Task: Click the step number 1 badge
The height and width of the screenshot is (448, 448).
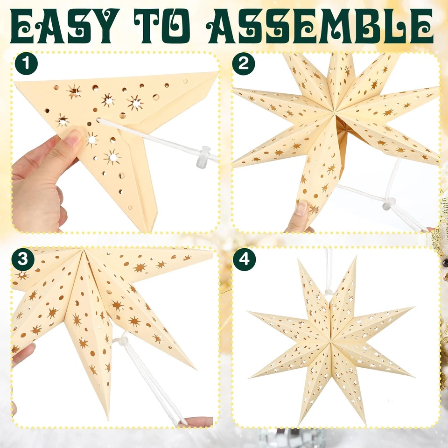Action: tap(26, 64)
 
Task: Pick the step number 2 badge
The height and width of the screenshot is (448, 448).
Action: tap(244, 64)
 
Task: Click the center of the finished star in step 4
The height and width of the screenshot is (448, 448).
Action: tap(331, 340)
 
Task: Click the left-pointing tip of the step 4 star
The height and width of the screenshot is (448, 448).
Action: tap(249, 313)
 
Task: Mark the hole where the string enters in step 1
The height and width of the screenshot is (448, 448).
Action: tap(99, 120)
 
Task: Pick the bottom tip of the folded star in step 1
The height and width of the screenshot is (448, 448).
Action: tap(150, 231)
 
